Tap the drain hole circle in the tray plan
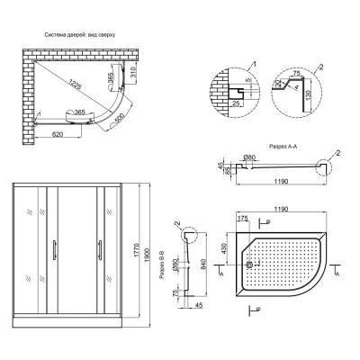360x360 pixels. [x=251, y=265]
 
